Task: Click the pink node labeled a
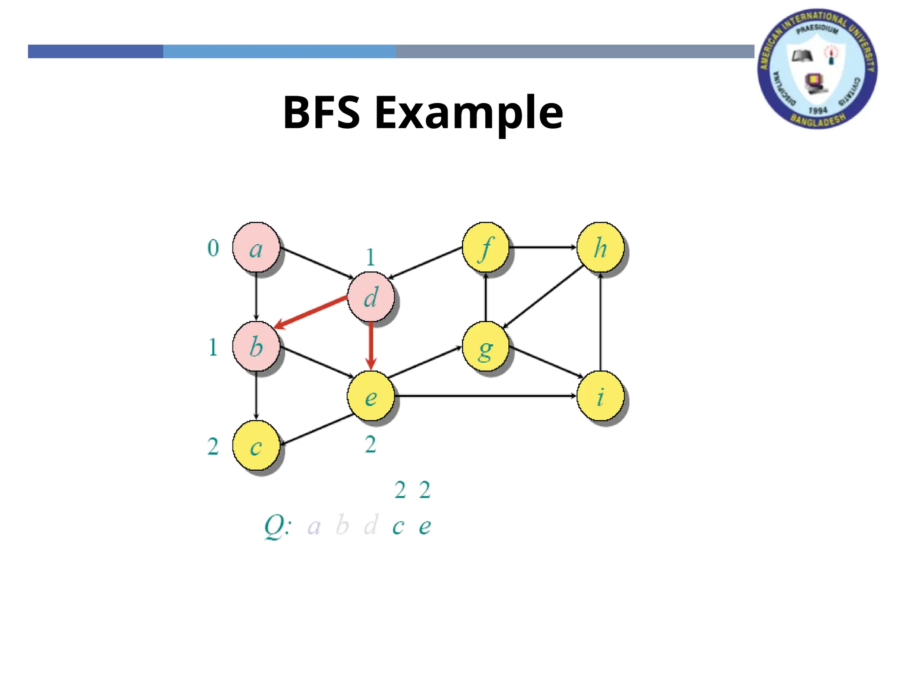click(x=256, y=247)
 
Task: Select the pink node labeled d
click(x=370, y=297)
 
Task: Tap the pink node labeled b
click(x=256, y=346)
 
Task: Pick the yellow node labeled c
click(x=256, y=446)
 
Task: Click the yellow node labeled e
click(x=370, y=396)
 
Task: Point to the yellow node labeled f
click(x=485, y=247)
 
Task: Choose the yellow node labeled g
click(x=485, y=346)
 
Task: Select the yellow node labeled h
click(x=600, y=247)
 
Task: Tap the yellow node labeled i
click(x=600, y=396)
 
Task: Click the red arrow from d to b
click(x=311, y=312)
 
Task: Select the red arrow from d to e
click(x=371, y=346)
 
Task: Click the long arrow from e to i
click(x=484, y=396)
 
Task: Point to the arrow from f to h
click(x=543, y=247)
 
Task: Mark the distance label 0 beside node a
click(x=213, y=248)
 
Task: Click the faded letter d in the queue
click(x=371, y=525)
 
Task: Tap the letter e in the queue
click(x=425, y=526)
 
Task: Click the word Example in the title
click(x=469, y=113)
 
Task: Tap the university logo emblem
click(x=817, y=69)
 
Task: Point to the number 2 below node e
click(x=370, y=444)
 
